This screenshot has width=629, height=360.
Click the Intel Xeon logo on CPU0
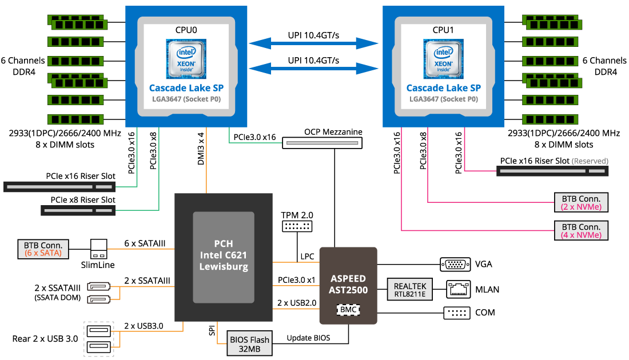(x=186, y=59)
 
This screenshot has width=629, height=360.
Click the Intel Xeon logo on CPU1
(x=443, y=59)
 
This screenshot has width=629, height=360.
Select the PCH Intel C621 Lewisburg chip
(x=224, y=257)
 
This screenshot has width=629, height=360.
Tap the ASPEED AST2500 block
(x=348, y=286)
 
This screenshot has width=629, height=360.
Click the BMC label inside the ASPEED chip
(x=348, y=310)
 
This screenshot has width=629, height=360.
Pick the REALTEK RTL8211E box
(x=409, y=290)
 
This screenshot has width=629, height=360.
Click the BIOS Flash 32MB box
(x=249, y=343)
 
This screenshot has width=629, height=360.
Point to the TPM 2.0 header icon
(x=297, y=226)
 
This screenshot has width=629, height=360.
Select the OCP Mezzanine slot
(x=322, y=143)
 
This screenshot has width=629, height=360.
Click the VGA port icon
(x=455, y=265)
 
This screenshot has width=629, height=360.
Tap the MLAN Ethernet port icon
(x=459, y=290)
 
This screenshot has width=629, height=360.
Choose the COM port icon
(x=457, y=313)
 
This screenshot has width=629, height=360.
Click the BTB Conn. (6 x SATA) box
(x=43, y=249)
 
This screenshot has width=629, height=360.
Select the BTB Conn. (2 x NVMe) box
(x=581, y=202)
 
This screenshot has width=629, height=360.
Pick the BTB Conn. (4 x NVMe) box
(x=581, y=230)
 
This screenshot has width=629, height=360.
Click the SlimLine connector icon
(x=99, y=249)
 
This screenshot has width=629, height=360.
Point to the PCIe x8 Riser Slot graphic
(x=78, y=210)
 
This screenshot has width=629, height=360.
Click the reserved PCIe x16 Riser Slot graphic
(x=552, y=171)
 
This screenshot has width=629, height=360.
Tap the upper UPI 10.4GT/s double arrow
(x=313, y=43)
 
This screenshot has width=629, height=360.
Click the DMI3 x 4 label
(x=201, y=149)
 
